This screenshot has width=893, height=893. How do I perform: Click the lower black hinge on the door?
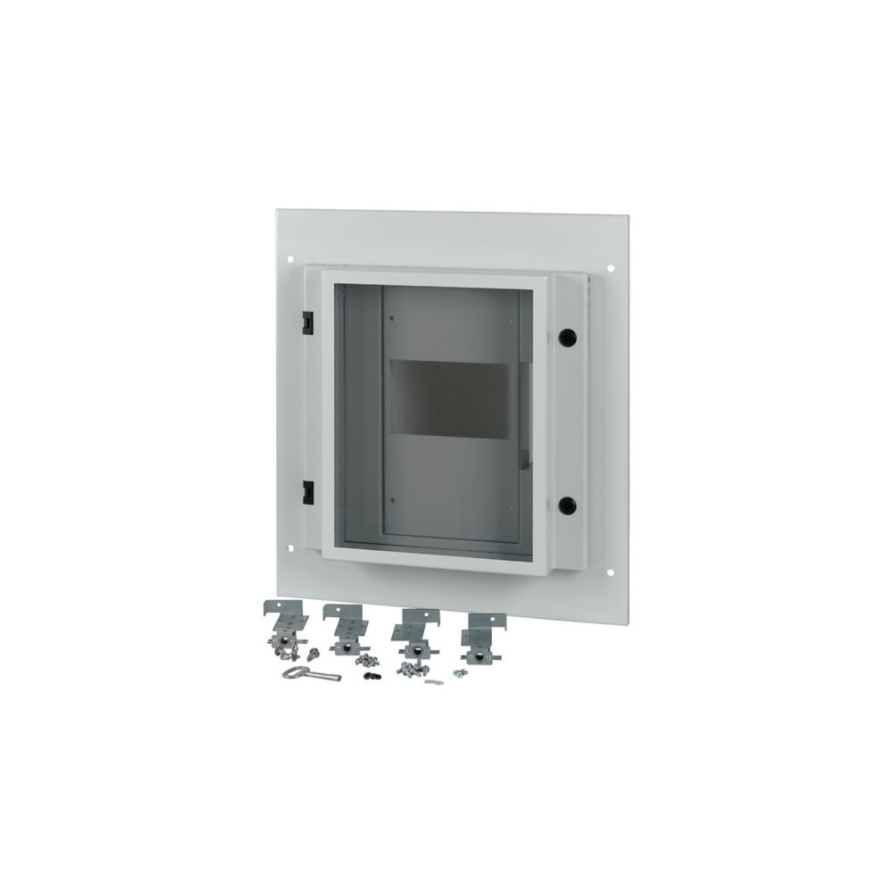(x=307, y=490)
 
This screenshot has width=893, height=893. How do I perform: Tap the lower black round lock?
(x=566, y=505)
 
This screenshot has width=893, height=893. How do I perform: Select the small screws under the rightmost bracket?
(x=460, y=672)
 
